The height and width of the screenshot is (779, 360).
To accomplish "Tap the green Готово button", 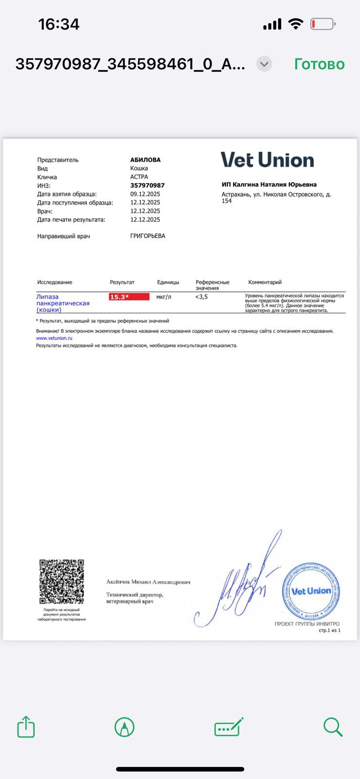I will click(319, 64).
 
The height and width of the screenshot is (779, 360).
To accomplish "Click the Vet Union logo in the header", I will click(267, 160).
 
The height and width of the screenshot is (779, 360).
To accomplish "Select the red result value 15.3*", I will click(129, 297).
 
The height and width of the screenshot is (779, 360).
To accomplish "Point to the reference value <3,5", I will click(202, 297).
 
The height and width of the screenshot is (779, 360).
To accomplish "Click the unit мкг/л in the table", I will click(164, 297).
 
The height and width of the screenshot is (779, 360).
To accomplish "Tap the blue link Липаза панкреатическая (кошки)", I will click(62, 303).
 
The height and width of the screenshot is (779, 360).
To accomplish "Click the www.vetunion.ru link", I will click(54, 338).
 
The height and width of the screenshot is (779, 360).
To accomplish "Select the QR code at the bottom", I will click(61, 581).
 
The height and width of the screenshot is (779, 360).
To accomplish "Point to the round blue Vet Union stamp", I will click(311, 591).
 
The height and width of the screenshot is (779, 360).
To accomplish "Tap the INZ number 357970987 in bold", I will click(147, 185).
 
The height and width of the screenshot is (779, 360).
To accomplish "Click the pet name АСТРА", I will click(139, 177).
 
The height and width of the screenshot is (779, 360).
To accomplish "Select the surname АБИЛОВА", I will click(145, 160).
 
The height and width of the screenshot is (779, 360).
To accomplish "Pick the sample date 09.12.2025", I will click(145, 194).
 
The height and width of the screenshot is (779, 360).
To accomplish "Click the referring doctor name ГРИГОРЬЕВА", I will click(148, 236).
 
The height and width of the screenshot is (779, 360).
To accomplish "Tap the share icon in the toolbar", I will click(26, 727).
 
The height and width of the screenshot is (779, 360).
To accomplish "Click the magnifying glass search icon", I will click(333, 727).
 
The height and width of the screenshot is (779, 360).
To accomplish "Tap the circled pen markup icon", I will click(124, 727).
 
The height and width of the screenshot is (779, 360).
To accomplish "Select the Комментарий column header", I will click(265, 282).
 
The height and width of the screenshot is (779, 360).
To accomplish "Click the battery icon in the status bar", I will click(322, 24).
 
